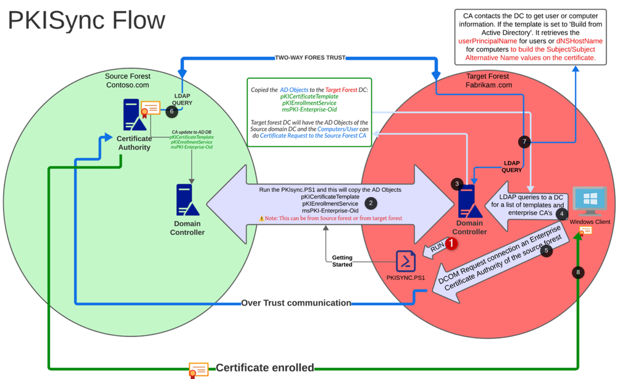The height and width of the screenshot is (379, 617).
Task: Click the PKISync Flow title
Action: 86,20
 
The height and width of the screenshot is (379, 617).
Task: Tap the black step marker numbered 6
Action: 172,111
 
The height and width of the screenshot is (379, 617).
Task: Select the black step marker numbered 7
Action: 524,142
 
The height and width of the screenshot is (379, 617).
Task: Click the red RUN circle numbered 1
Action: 451,243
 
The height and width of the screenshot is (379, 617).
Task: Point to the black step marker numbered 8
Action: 578,272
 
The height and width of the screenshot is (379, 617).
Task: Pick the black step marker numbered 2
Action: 371,202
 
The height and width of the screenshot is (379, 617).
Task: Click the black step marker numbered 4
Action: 561,214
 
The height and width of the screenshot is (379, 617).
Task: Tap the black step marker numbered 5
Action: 545,251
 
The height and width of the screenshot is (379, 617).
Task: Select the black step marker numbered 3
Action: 457,183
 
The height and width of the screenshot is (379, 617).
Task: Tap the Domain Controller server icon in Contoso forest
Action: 187,199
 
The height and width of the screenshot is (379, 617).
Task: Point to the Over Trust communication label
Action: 296,303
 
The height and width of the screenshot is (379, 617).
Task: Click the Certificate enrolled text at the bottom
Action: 264,368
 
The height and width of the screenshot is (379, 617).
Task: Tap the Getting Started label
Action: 342,260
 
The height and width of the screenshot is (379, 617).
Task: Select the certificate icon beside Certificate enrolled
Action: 198,369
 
